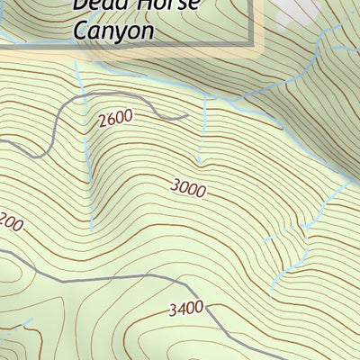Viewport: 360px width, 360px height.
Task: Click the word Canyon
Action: point(112,30)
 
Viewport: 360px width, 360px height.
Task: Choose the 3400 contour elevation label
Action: point(184,310)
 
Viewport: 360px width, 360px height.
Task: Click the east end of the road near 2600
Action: point(187,116)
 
